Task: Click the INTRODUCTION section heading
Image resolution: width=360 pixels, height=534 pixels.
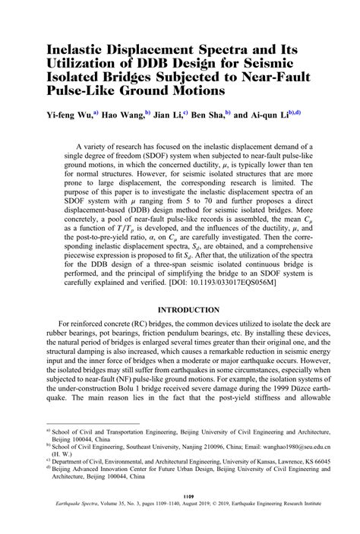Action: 189,310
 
